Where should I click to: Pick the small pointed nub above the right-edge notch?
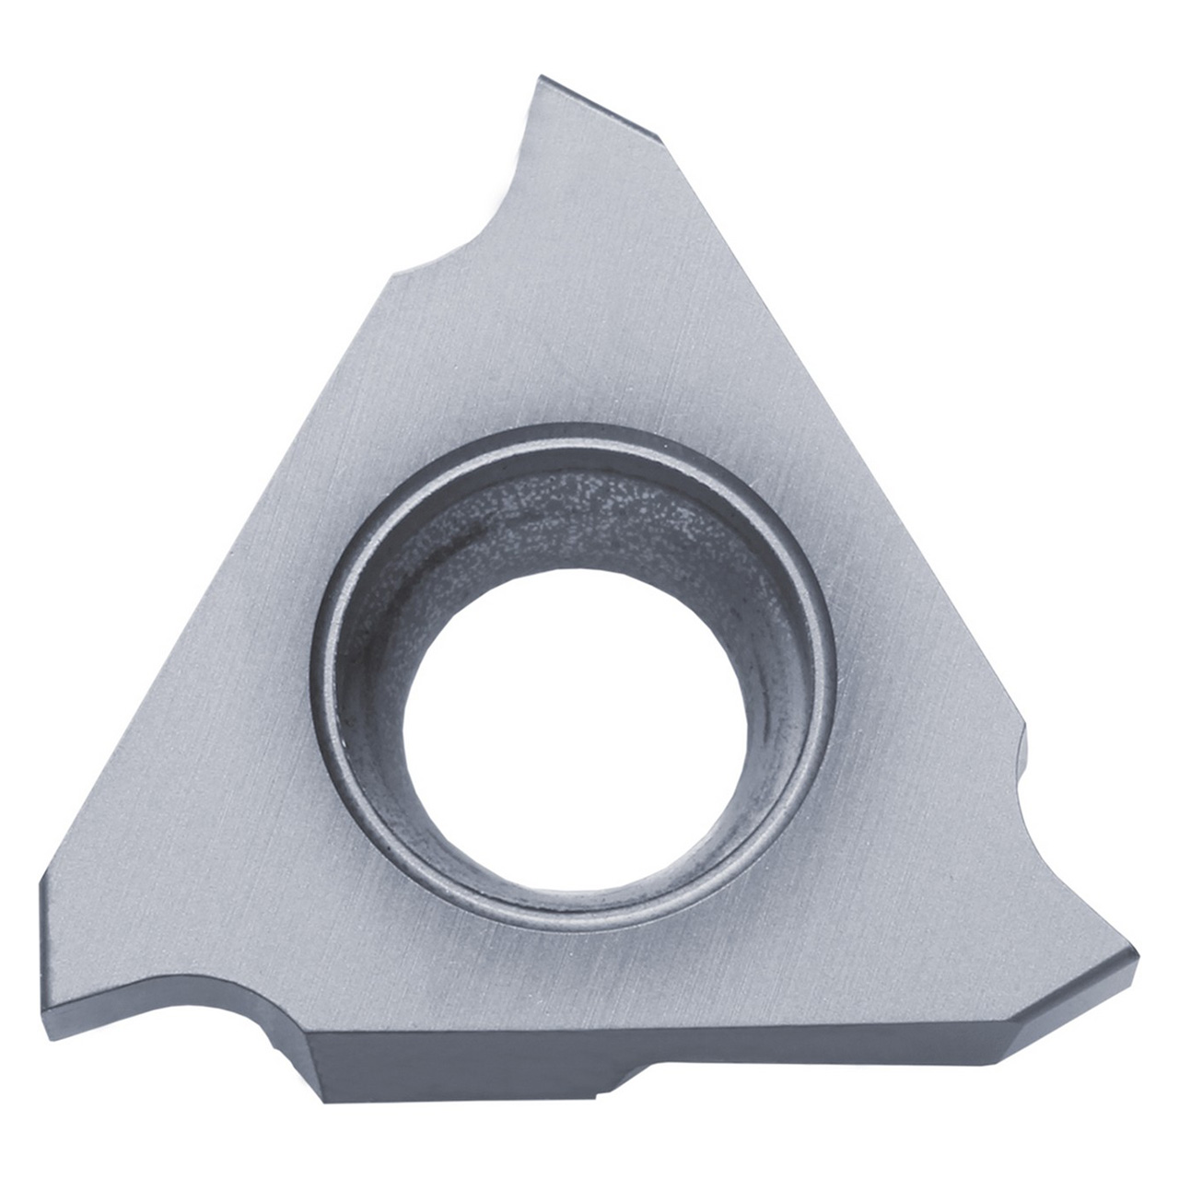(1022, 728)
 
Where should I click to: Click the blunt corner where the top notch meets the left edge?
(396, 272)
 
